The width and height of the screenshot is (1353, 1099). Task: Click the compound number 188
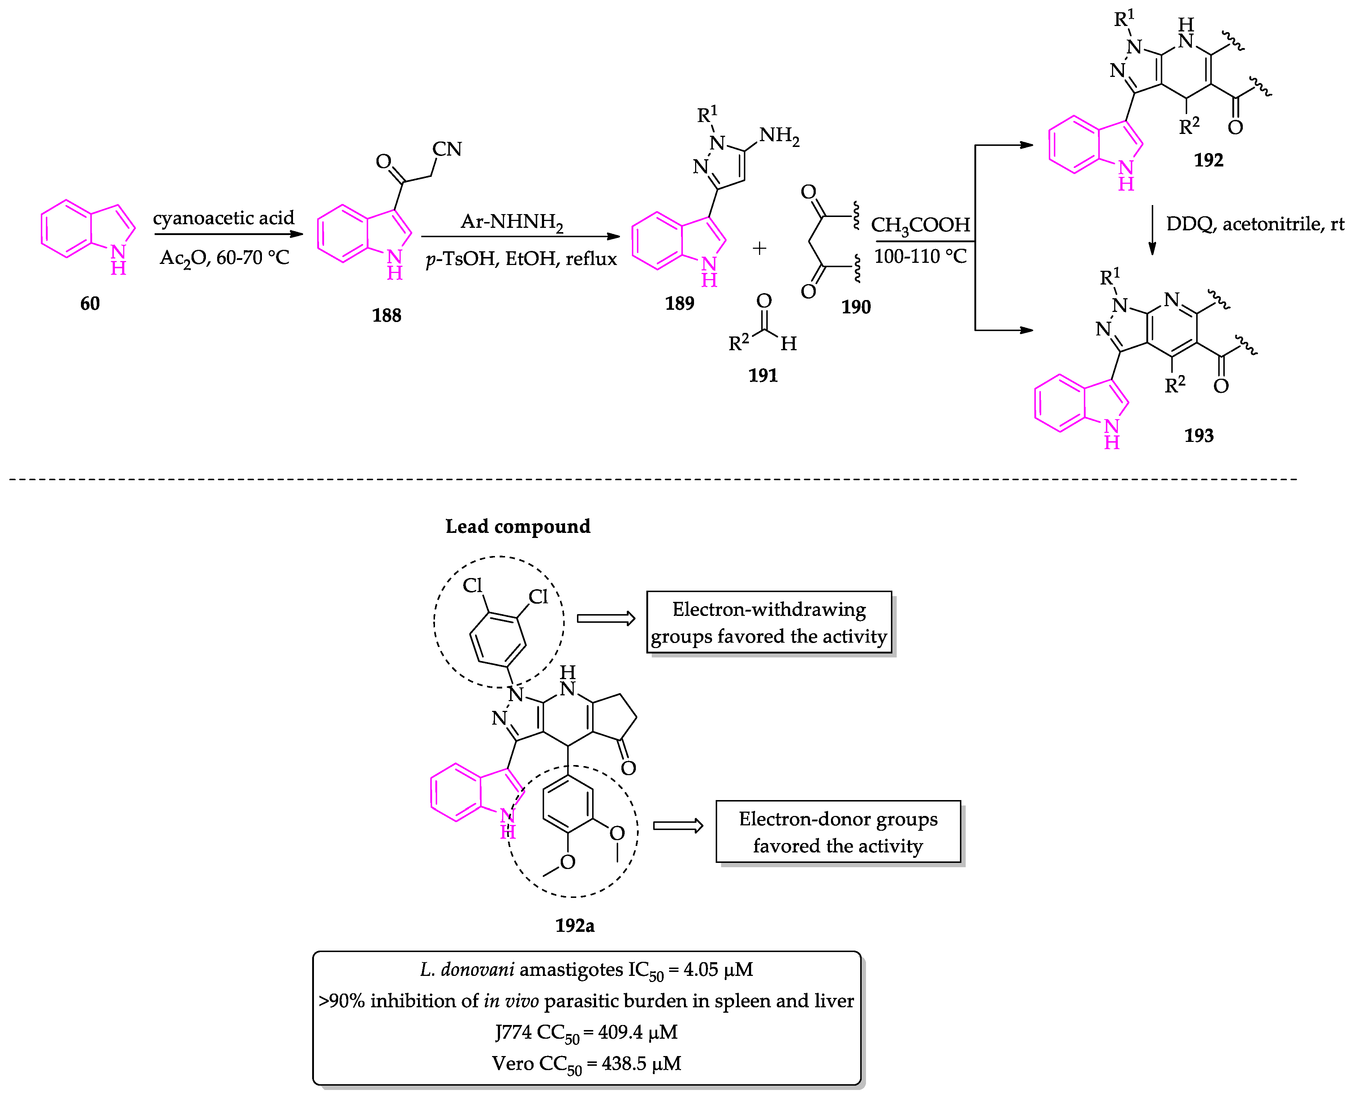(x=386, y=315)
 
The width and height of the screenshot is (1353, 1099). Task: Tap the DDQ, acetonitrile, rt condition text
(x=1254, y=224)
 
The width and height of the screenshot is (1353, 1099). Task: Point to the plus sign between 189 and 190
(x=759, y=248)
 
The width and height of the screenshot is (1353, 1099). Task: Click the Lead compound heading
(x=517, y=526)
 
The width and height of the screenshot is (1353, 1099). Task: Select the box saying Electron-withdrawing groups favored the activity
(x=768, y=622)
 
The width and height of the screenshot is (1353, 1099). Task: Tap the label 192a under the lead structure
(x=574, y=926)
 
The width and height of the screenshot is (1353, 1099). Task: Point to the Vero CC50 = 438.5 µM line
(x=586, y=1064)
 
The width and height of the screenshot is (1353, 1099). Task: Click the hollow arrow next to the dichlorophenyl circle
(x=606, y=618)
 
